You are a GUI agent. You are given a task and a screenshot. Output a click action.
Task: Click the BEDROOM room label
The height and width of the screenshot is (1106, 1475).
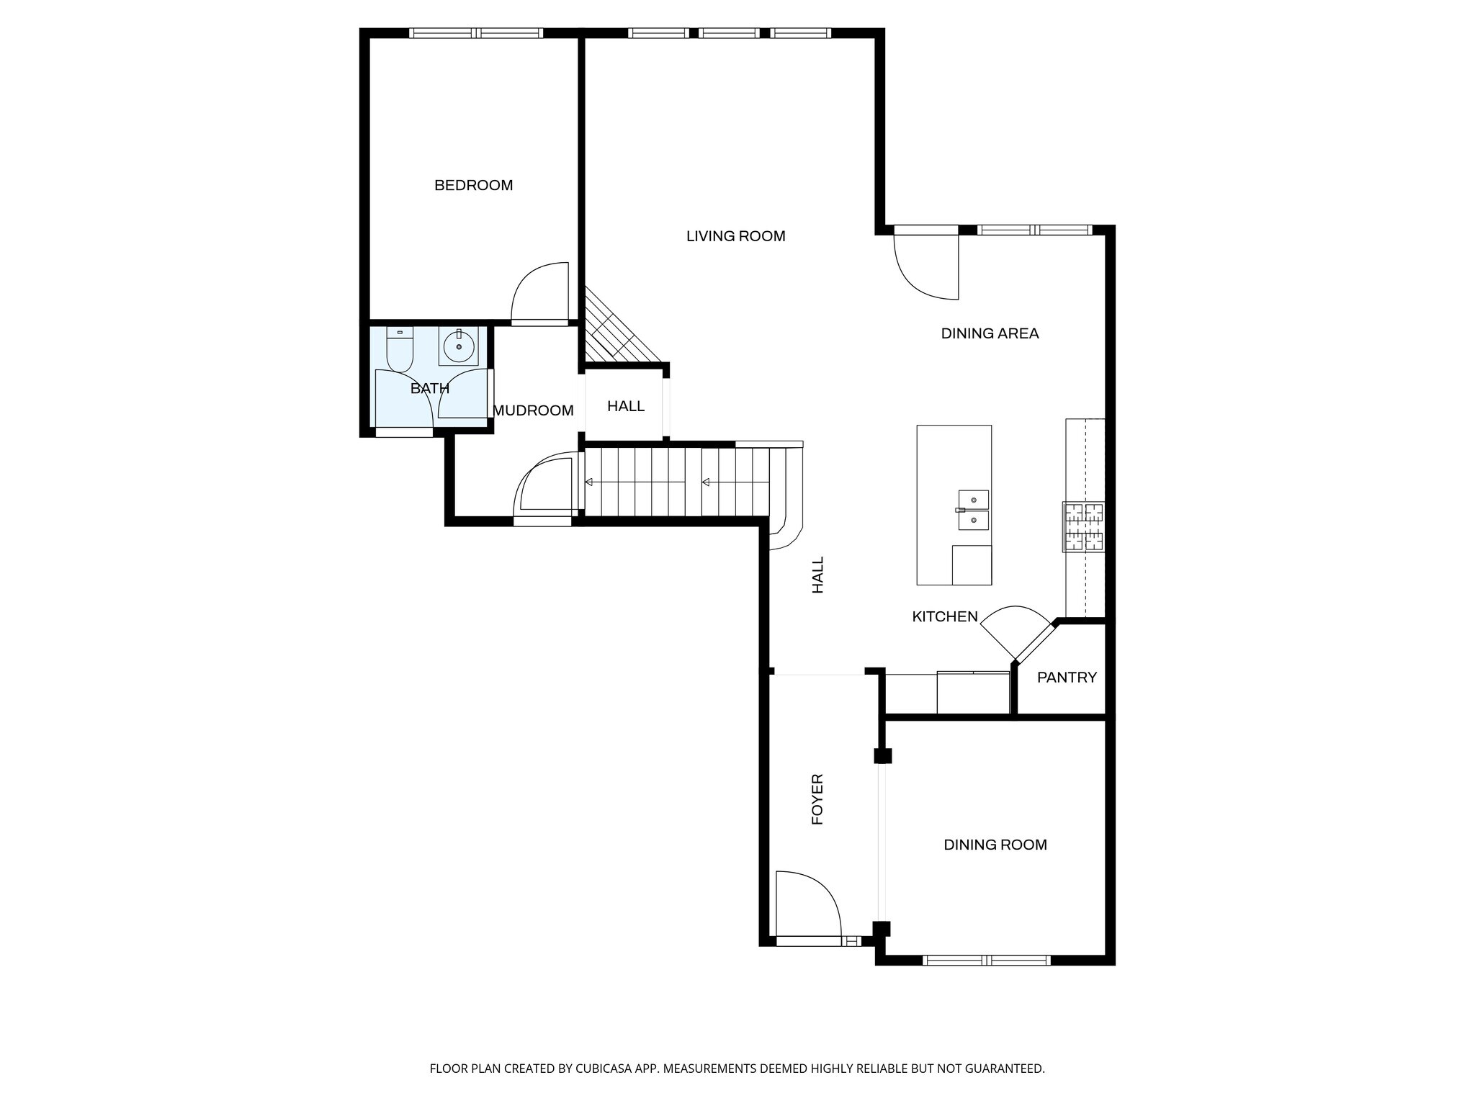tap(473, 186)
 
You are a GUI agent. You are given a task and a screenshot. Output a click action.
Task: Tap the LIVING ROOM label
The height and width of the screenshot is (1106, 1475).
tap(735, 236)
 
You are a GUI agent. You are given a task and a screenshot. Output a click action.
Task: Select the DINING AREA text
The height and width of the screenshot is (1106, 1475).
tap(990, 333)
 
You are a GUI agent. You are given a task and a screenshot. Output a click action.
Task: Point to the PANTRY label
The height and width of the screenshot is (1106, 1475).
tap(1067, 678)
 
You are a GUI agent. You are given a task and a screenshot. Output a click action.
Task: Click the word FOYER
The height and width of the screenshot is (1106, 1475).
tap(817, 799)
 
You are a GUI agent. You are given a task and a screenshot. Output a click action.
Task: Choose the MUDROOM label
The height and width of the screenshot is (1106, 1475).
tap(533, 410)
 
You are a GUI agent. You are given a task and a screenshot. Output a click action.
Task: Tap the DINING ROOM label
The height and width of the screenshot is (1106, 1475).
tap(995, 845)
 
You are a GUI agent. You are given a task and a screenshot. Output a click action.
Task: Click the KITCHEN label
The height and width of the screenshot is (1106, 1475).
tap(945, 616)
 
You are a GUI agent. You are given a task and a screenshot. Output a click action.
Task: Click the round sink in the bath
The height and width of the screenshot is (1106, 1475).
tap(459, 347)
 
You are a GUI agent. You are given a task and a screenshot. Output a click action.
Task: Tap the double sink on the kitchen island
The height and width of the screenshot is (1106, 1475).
tap(973, 510)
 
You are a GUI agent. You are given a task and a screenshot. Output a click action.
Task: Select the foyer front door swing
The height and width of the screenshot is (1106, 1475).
tap(808, 902)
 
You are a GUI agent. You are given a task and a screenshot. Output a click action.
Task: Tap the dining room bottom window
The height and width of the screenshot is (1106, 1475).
tap(986, 960)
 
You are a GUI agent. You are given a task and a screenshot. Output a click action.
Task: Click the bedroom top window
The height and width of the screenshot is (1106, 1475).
tap(476, 33)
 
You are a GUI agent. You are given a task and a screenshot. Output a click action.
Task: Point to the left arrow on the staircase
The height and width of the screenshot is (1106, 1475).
tap(589, 482)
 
